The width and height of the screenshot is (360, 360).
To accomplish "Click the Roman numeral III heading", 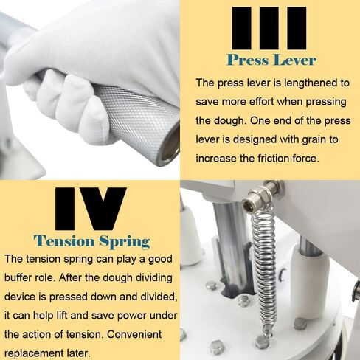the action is (269, 28).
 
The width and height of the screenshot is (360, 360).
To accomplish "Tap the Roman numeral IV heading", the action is (91, 209).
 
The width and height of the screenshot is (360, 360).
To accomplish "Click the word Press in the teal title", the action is (248, 60).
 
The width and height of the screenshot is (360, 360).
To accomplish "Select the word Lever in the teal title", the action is (295, 60).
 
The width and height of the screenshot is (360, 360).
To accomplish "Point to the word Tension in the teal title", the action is (64, 241).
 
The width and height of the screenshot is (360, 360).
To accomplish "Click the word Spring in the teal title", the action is (125, 242).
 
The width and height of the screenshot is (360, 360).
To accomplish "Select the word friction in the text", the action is (273, 158).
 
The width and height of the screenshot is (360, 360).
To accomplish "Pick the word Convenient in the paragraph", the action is (134, 334).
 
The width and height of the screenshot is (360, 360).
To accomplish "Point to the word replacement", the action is (34, 353).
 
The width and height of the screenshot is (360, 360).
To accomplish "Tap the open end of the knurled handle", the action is (170, 144).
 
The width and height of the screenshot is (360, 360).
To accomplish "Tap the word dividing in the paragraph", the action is (154, 278).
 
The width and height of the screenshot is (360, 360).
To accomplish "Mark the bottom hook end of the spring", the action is (268, 330).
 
